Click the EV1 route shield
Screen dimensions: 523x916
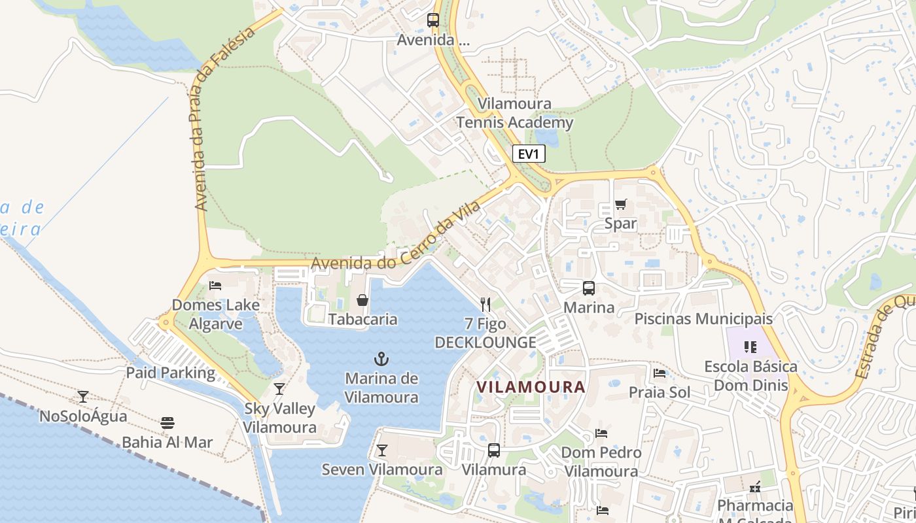528,154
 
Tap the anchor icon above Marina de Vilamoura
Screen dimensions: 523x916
381,358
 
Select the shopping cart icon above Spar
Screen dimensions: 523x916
620,204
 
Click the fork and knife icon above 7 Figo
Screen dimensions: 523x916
485,304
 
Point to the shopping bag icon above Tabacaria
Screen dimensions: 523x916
362,300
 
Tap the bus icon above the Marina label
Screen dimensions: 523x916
589,288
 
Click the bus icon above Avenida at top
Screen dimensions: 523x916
433,20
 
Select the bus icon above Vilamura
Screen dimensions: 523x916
494,450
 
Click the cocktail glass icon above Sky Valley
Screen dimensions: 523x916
279,389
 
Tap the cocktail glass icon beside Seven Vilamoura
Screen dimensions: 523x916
381,450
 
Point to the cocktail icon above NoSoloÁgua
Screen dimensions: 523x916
83,396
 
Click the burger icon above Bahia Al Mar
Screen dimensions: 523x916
167,422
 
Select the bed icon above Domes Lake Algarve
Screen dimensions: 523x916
215,285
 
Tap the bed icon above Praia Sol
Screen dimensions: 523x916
660,373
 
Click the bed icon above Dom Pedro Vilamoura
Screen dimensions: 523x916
601,433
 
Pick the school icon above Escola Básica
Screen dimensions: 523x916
750,346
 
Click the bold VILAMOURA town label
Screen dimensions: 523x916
531,387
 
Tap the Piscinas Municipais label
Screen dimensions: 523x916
704,319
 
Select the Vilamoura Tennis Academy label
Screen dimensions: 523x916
514,113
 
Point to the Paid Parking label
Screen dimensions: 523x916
171,373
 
